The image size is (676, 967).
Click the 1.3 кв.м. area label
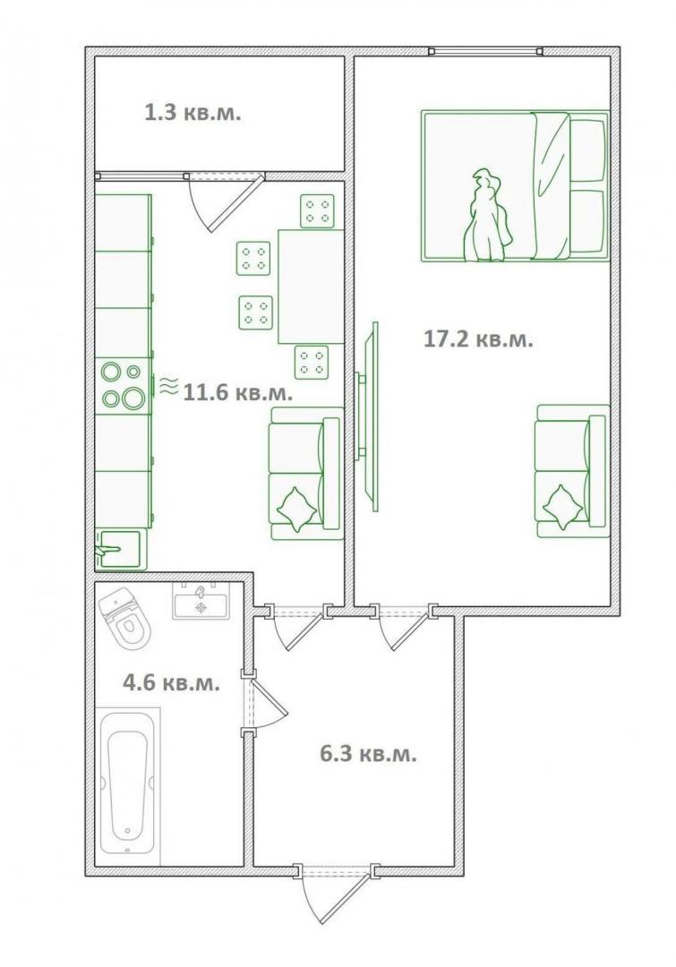(x=192, y=113)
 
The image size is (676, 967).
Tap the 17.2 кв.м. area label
(x=478, y=338)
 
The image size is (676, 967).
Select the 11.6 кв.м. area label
(x=238, y=392)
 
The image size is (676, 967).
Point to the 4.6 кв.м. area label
(x=172, y=682)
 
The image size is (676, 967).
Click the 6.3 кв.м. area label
(x=368, y=754)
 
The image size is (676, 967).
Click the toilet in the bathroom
(x=125, y=620)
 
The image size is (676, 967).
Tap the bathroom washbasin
(x=201, y=600)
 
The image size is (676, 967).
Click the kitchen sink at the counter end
(x=120, y=548)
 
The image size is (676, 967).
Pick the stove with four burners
(x=124, y=387)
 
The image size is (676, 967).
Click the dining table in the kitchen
(x=311, y=287)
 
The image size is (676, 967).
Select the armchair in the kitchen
(x=306, y=473)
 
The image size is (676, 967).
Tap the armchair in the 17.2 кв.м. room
(x=573, y=471)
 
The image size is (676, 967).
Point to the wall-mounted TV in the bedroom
(x=368, y=417)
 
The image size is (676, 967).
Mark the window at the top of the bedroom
(x=486, y=51)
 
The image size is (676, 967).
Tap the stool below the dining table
(x=312, y=362)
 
